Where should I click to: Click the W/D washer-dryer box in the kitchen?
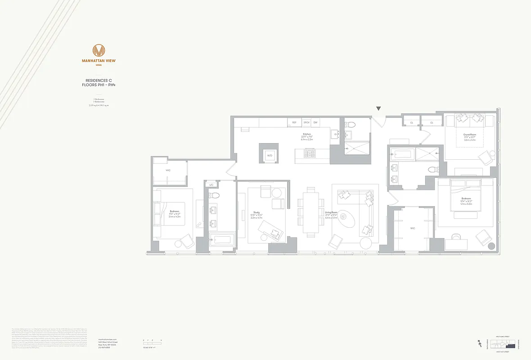(270, 154)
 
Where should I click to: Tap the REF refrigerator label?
(294, 122)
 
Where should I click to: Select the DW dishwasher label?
(315, 122)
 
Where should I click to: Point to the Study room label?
(256, 212)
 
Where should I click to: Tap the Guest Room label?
(470, 135)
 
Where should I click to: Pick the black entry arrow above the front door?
(379, 108)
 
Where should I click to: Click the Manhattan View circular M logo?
(99, 50)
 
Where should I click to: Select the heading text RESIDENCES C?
(99, 80)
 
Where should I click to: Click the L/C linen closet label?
(211, 185)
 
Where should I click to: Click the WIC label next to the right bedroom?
(413, 228)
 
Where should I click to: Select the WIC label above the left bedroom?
(168, 171)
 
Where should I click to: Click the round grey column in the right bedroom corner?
(490, 247)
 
